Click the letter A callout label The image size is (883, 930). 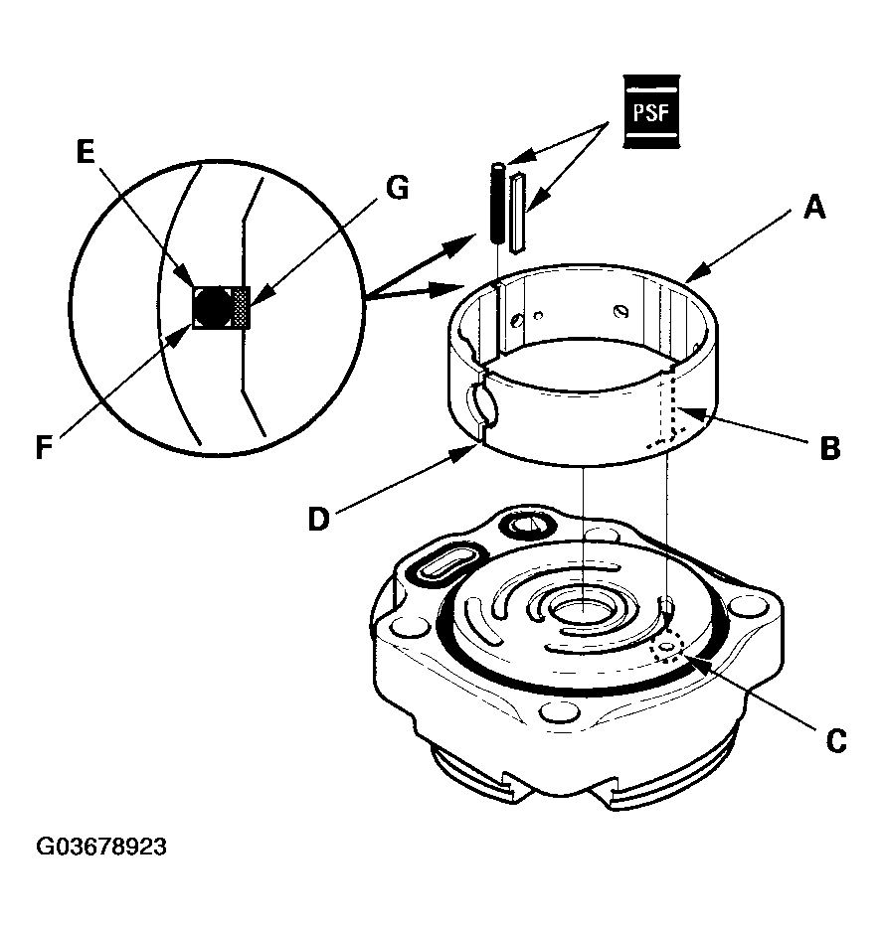(x=814, y=209)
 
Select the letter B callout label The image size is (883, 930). (x=830, y=448)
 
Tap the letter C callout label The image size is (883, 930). (x=836, y=741)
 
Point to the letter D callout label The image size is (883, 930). (x=318, y=520)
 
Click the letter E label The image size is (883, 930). (x=86, y=152)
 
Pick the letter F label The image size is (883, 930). (x=44, y=447)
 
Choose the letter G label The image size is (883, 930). (x=397, y=188)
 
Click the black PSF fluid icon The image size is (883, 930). (x=651, y=111)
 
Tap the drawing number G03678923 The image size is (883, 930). (x=101, y=847)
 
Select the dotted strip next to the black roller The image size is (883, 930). (x=241, y=307)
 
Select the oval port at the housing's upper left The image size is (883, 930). (x=448, y=564)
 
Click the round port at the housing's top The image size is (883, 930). (x=527, y=524)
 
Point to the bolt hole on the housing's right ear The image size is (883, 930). (x=747, y=607)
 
